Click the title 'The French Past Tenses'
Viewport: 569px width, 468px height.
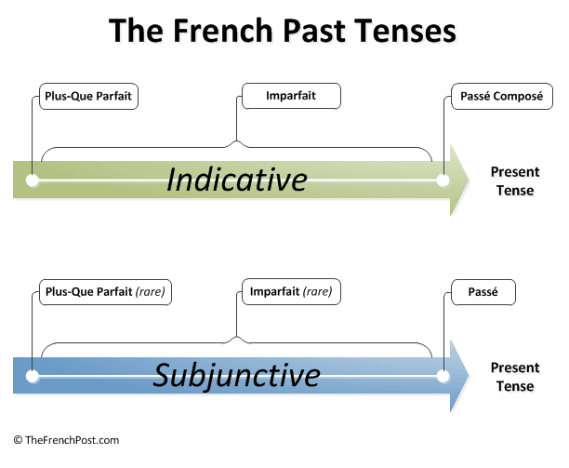[283, 31]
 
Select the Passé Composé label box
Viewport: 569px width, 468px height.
[502, 96]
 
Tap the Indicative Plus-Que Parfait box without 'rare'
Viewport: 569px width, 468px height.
[88, 96]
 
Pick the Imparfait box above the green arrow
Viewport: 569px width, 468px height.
[291, 96]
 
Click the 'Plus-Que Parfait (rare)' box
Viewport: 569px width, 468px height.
[105, 292]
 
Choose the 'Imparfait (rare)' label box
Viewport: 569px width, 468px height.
[291, 291]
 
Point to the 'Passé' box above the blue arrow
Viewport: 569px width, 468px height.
[483, 292]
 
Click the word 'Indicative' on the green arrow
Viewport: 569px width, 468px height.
[237, 180]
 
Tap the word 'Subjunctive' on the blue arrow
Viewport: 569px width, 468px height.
[236, 376]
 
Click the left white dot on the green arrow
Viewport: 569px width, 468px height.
[33, 181]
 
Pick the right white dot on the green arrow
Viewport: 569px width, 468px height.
[443, 181]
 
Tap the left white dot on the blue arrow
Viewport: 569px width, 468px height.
[33, 377]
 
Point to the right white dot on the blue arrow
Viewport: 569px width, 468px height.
[443, 376]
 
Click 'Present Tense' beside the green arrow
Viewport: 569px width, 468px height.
[515, 181]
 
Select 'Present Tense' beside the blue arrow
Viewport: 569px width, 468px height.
[515, 377]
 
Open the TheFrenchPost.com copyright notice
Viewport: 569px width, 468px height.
[66, 440]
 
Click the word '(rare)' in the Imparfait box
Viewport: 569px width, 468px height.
[318, 291]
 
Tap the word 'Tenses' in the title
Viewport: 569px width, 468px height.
[405, 31]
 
